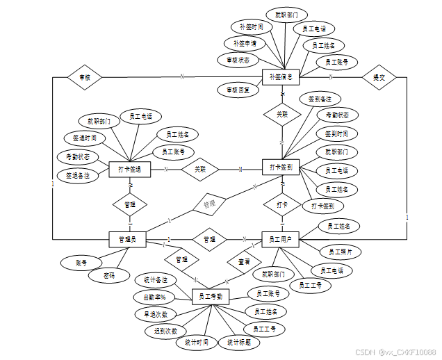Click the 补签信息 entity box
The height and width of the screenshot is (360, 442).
click(x=281, y=77)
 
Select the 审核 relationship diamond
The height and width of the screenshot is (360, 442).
click(x=85, y=77)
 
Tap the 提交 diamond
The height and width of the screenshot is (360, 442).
click(x=379, y=77)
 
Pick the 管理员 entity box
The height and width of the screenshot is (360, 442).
click(x=127, y=240)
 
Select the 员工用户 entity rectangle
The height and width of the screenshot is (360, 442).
click(x=280, y=240)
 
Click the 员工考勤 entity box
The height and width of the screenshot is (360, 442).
click(x=211, y=297)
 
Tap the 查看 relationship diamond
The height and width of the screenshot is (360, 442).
click(x=245, y=262)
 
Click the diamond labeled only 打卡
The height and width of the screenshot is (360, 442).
click(x=281, y=205)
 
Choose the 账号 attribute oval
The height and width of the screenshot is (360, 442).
click(x=83, y=263)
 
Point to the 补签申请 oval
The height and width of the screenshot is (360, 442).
click(x=245, y=43)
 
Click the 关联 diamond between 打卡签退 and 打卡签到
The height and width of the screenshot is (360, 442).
click(x=200, y=169)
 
